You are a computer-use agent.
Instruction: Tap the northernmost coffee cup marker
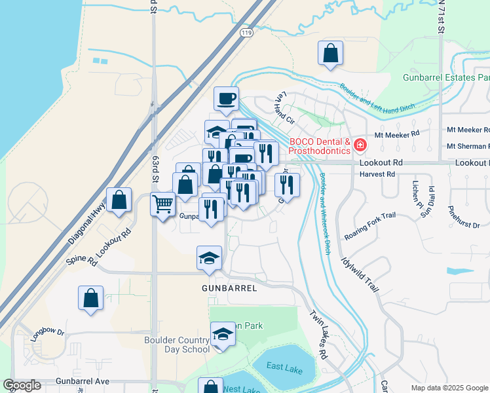click(226, 98)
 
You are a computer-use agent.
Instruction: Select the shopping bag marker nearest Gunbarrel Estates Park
click(331, 53)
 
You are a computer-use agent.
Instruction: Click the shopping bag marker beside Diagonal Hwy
click(119, 200)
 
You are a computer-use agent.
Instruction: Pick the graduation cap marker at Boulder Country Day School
click(223, 335)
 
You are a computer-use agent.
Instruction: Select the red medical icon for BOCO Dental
click(360, 145)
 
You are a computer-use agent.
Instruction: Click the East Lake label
click(284, 370)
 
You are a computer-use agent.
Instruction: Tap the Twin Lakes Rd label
click(317, 334)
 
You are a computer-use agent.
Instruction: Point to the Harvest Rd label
click(377, 175)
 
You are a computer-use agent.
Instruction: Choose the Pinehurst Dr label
click(464, 219)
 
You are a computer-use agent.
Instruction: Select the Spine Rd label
click(82, 257)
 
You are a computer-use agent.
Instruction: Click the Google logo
click(22, 385)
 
